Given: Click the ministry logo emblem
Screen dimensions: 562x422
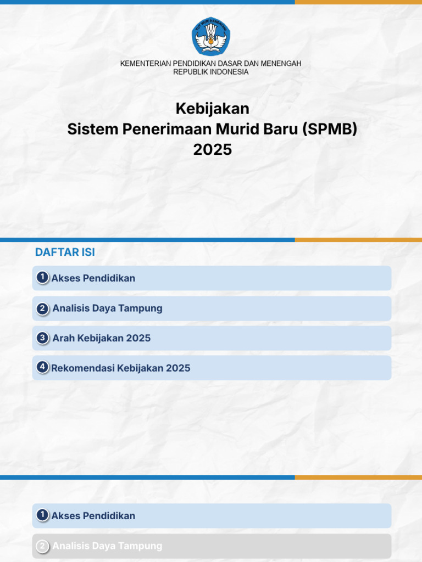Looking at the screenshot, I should pos(211,36).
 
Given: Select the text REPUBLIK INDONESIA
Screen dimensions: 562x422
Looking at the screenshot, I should pos(211,72).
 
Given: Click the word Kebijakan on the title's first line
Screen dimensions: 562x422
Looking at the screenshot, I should pos(212,109).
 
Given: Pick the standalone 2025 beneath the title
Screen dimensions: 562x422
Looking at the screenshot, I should pos(212,149).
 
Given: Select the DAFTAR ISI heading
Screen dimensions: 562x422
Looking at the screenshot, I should pos(65,252).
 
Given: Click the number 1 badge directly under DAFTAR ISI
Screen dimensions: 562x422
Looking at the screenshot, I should pos(42,278).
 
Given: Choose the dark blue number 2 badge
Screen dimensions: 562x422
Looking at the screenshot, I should pos(42,308).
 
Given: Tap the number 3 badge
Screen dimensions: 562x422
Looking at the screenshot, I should pos(42,338).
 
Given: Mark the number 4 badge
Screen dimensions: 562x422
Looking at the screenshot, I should pos(42,367).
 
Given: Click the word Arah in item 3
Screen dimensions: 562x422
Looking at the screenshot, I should pos(63,338).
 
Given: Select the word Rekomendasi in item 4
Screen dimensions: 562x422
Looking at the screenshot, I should pos(82,368).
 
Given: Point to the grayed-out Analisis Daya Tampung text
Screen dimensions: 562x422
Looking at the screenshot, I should pos(107,546).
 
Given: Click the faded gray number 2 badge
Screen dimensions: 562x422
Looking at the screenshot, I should pos(42,546).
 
